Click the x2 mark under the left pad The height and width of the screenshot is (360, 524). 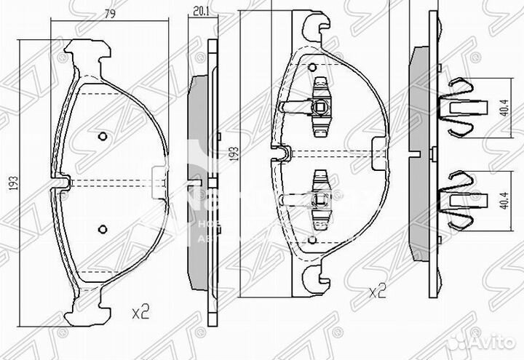tap(140, 313)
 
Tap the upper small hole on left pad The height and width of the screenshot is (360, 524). tap(102, 135)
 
